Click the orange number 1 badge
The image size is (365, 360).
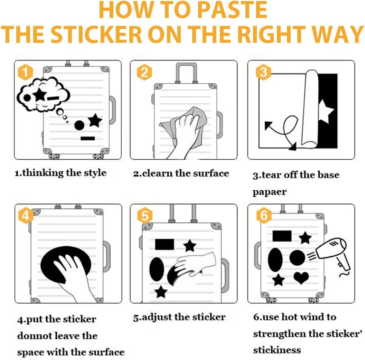tap(25, 72)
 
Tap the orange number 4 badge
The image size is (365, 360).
tap(25, 216)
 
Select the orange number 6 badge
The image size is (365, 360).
tap(264, 216)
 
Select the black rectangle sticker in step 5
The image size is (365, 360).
tap(165, 244)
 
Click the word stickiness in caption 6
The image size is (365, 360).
tap(277, 350)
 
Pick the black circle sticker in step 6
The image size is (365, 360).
tap(297, 258)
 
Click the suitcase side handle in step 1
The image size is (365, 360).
tap(112, 110)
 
